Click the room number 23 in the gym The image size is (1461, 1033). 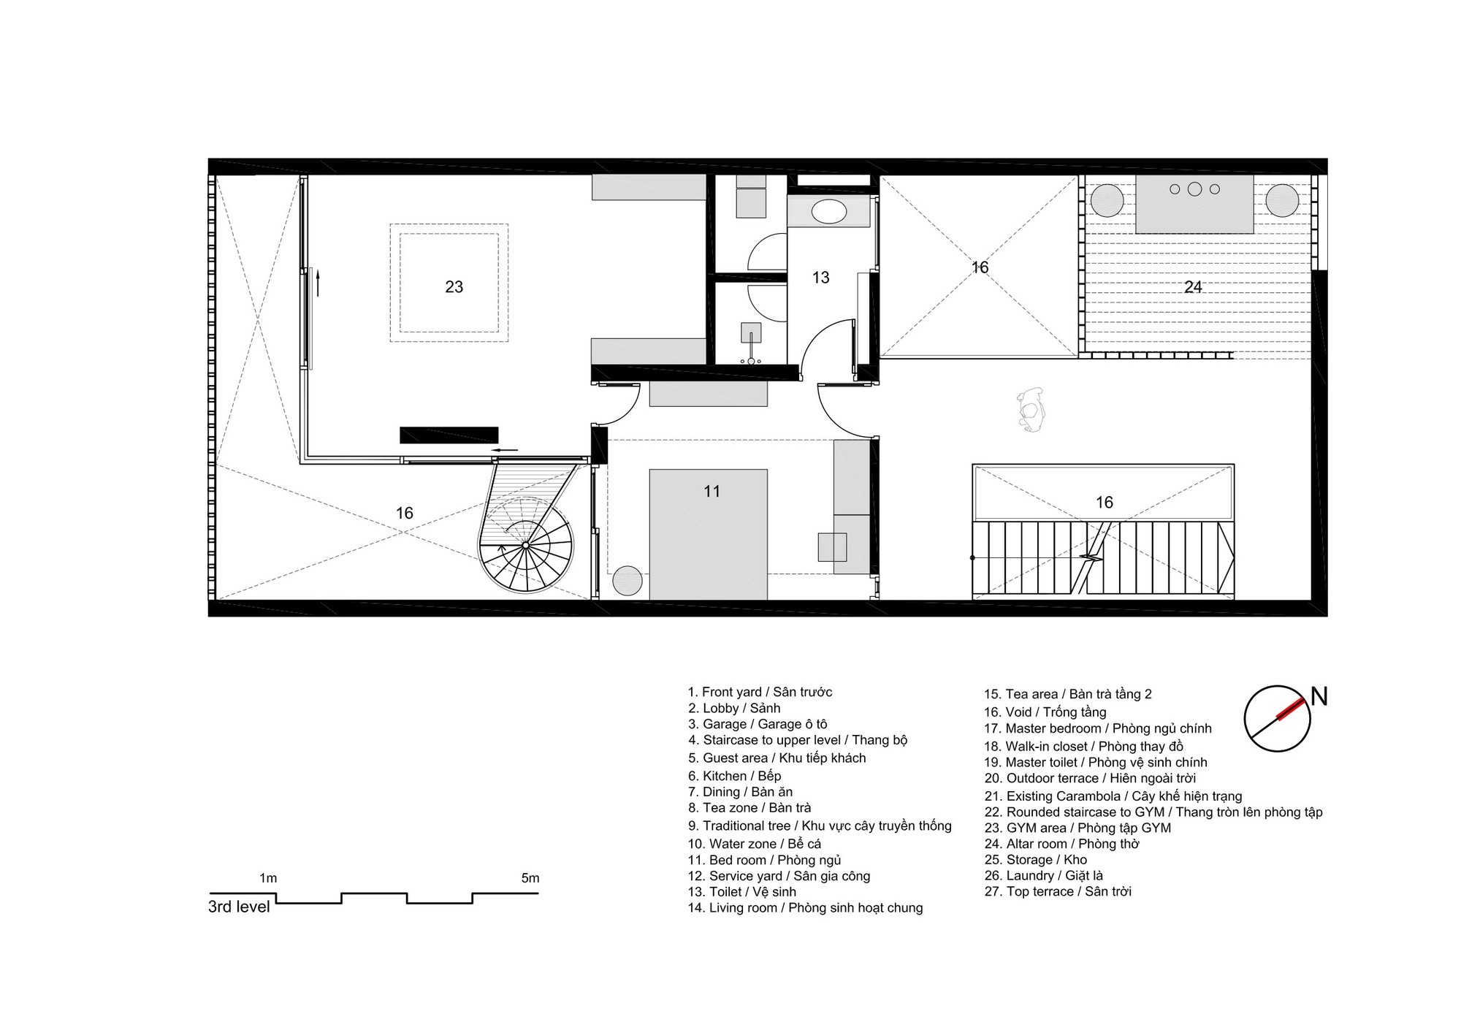(x=454, y=287)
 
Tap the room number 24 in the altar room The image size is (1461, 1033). (x=1193, y=287)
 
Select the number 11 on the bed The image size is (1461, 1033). (x=712, y=492)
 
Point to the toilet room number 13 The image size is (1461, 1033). (x=820, y=278)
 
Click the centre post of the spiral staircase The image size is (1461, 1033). (x=525, y=546)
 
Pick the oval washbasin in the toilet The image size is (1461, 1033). (x=829, y=212)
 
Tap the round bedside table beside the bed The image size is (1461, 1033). (x=627, y=582)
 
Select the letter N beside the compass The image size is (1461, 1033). (x=1319, y=697)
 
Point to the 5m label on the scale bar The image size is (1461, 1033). (x=530, y=878)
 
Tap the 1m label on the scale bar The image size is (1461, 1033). (x=268, y=878)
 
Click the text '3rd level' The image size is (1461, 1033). (x=239, y=907)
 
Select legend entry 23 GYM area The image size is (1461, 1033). (x=1077, y=828)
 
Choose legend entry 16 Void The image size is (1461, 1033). (x=1045, y=712)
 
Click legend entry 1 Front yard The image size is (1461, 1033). (x=760, y=692)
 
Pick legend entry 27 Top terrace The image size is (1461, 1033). (x=1058, y=891)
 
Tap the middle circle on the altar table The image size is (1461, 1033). (x=1194, y=189)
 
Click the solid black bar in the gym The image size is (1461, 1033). (x=449, y=435)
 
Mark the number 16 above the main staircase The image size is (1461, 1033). (x=1104, y=503)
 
